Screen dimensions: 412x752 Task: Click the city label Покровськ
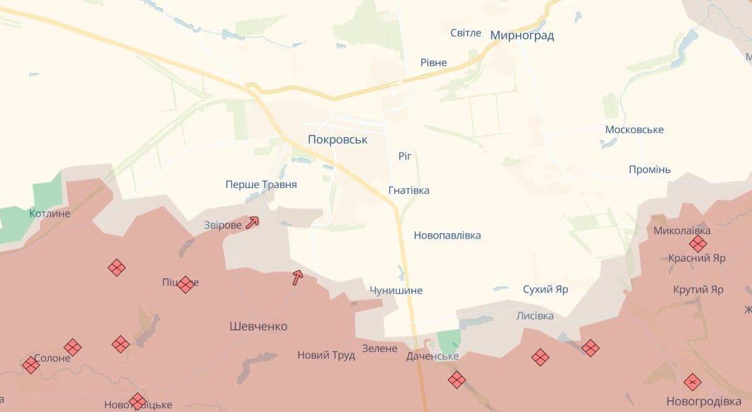(338, 140)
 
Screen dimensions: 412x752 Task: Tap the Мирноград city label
(522, 35)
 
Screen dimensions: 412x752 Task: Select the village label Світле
(466, 33)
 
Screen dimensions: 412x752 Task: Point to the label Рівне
(434, 62)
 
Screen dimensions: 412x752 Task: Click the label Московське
(634, 129)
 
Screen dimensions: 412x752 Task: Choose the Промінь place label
(649, 170)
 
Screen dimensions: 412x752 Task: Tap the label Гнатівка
(409, 190)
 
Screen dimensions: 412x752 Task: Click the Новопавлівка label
(447, 235)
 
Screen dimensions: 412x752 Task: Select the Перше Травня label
(261, 184)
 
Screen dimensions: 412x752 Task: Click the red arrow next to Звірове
(252, 223)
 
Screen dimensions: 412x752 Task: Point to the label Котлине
(50, 213)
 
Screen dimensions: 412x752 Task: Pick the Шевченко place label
(258, 326)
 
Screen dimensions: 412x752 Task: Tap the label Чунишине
(396, 290)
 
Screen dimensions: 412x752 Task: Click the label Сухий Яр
(545, 289)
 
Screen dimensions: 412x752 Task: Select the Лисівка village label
(535, 315)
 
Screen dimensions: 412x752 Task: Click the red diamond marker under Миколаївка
(699, 244)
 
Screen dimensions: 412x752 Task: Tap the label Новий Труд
(326, 355)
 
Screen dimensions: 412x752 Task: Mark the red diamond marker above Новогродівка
(693, 382)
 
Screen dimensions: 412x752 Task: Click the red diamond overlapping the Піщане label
(185, 285)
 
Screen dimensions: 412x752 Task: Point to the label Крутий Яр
(698, 290)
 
